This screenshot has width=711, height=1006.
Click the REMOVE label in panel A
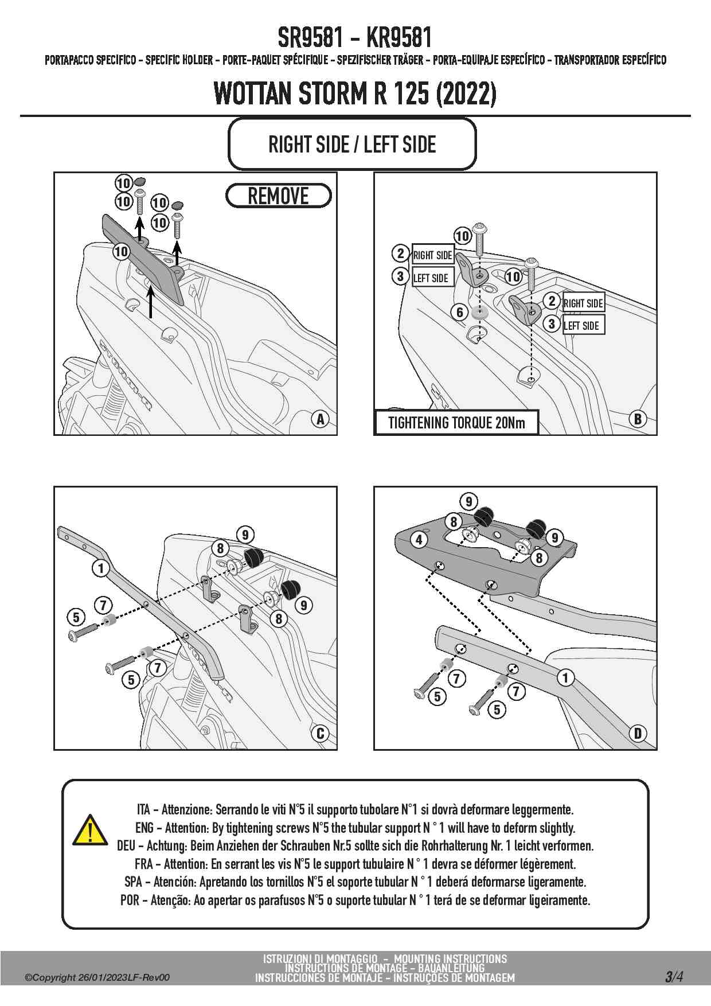[x=278, y=196]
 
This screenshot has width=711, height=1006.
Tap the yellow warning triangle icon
[x=90, y=830]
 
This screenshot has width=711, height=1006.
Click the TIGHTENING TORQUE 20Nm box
[x=456, y=423]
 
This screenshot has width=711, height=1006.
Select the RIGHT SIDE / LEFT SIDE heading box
[x=352, y=144]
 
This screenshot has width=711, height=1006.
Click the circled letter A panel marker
[x=321, y=419]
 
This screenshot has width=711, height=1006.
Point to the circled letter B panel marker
[x=638, y=419]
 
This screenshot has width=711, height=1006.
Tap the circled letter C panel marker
[x=320, y=733]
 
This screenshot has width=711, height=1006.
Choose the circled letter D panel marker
[x=638, y=733]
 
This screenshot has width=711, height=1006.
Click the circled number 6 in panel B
[x=460, y=312]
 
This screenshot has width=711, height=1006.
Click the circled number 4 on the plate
[x=419, y=540]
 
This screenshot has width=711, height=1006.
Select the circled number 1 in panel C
[x=101, y=568]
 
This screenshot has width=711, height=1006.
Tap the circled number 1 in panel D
[x=565, y=677]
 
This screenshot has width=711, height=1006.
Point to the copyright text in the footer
[x=97, y=978]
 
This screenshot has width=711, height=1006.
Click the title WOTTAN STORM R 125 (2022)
[x=355, y=93]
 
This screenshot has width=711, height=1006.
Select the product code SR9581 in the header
[x=311, y=38]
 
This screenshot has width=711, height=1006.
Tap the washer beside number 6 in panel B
[x=478, y=314]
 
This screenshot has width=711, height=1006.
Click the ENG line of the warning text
[x=355, y=828]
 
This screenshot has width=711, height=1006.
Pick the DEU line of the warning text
[x=355, y=845]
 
